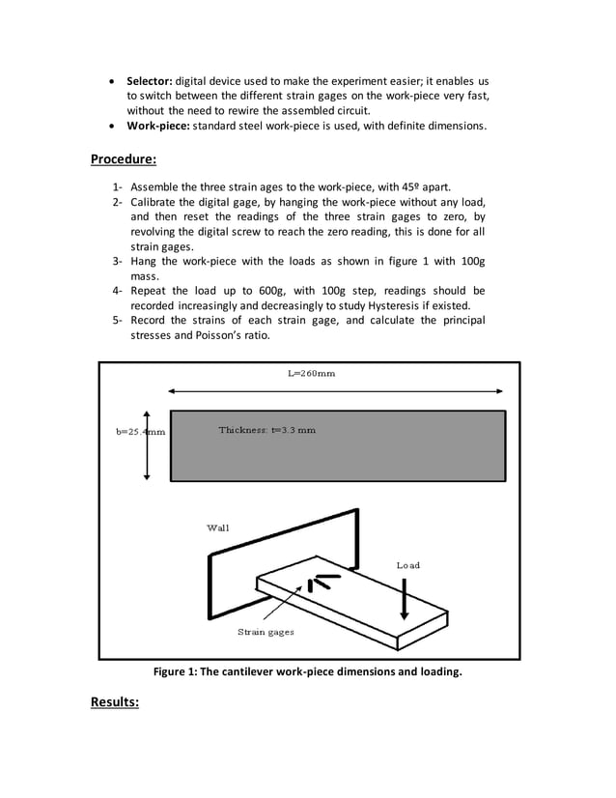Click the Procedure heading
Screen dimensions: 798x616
(124, 158)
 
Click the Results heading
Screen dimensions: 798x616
(115, 701)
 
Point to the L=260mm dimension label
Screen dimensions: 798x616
(312, 374)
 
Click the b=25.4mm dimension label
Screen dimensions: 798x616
(134, 432)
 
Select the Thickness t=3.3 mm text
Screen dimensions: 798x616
(266, 430)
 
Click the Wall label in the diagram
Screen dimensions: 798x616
(218, 527)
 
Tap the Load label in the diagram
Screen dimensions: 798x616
(408, 564)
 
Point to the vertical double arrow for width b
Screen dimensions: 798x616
(147, 443)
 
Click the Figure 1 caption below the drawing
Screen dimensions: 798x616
(308, 671)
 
